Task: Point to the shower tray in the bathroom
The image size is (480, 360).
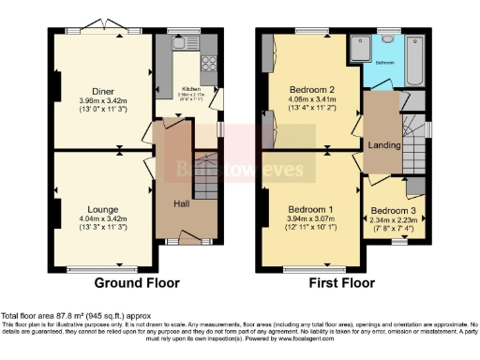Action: coord(358,46)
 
